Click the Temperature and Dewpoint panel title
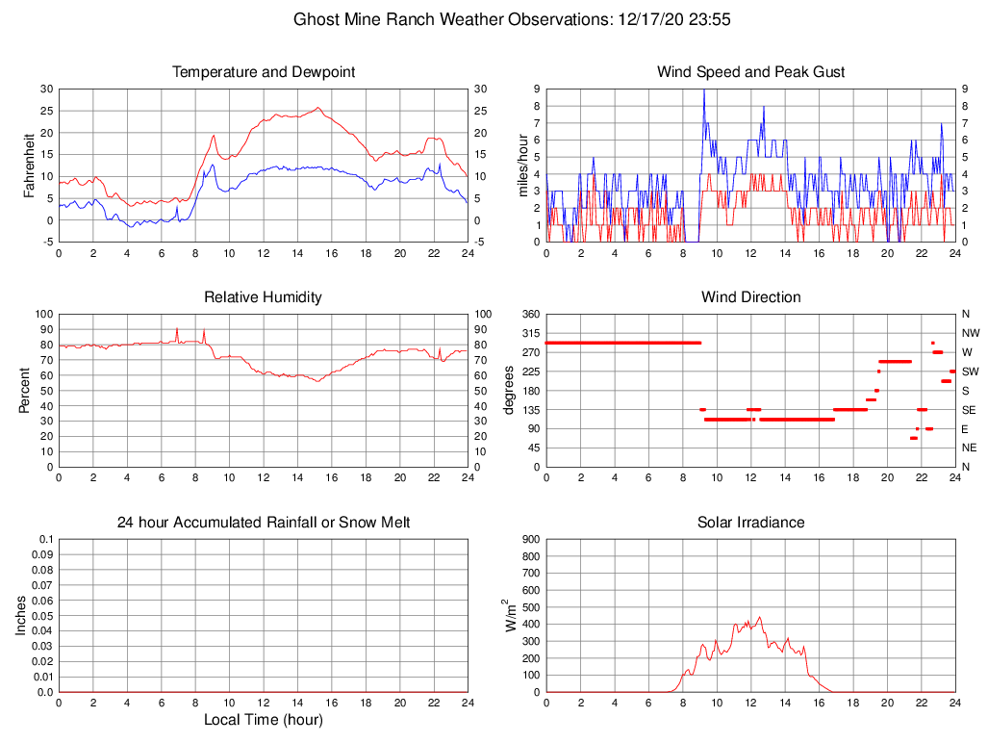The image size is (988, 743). (x=264, y=72)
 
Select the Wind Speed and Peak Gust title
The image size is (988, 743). (x=751, y=72)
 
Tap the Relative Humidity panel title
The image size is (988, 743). (x=264, y=297)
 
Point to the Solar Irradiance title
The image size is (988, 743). (x=751, y=523)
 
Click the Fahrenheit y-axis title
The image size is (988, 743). (x=29, y=165)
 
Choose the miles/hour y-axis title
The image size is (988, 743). (x=524, y=165)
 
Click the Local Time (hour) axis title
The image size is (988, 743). (x=264, y=720)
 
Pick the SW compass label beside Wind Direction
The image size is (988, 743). (x=970, y=371)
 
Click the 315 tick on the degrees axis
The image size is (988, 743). (x=530, y=333)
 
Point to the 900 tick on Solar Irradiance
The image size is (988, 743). (x=530, y=540)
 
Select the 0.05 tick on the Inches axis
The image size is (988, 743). (x=43, y=616)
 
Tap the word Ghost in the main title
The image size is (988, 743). (x=315, y=19)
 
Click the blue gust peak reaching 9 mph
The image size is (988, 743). (x=704, y=90)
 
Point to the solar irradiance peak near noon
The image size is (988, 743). (x=760, y=617)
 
